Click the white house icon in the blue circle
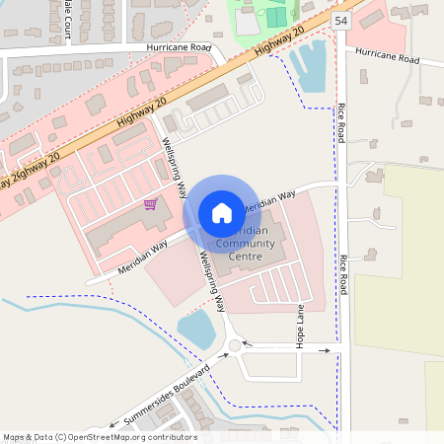pos(221,212)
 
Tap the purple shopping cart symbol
pos(150,204)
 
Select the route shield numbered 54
pos(340,20)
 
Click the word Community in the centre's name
pos(247,244)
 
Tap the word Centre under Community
pos(246,257)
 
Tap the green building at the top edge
pos(276,17)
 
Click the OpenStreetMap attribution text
pos(99,437)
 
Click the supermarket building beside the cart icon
pos(123,229)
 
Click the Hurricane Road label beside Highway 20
pos(179,47)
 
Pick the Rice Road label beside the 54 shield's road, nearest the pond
pos(340,120)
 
